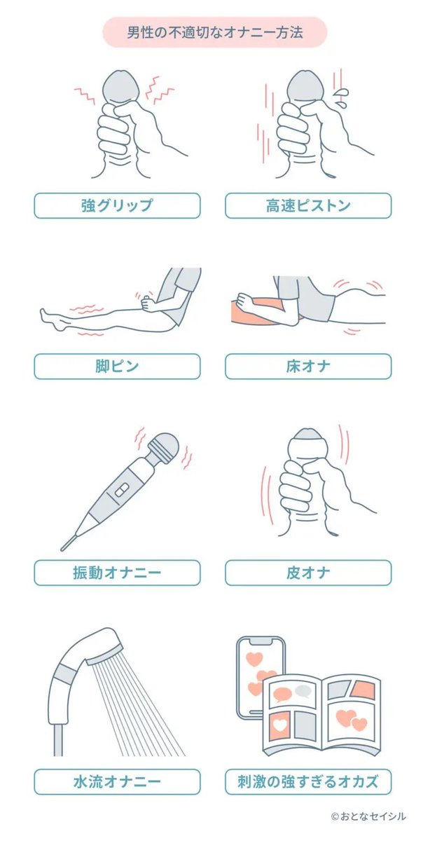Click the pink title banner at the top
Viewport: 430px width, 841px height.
coord(215,33)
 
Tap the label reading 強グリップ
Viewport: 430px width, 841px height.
coord(117,205)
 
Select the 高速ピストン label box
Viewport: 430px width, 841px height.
coord(308,205)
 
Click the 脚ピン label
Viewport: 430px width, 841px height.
coord(117,366)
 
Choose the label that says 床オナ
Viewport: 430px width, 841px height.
coord(308,366)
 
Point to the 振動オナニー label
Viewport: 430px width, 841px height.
coord(117,573)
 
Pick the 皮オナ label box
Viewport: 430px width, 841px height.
coord(308,573)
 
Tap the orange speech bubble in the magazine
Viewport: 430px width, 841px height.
coord(282,694)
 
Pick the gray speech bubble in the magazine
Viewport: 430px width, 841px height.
coord(303,690)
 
